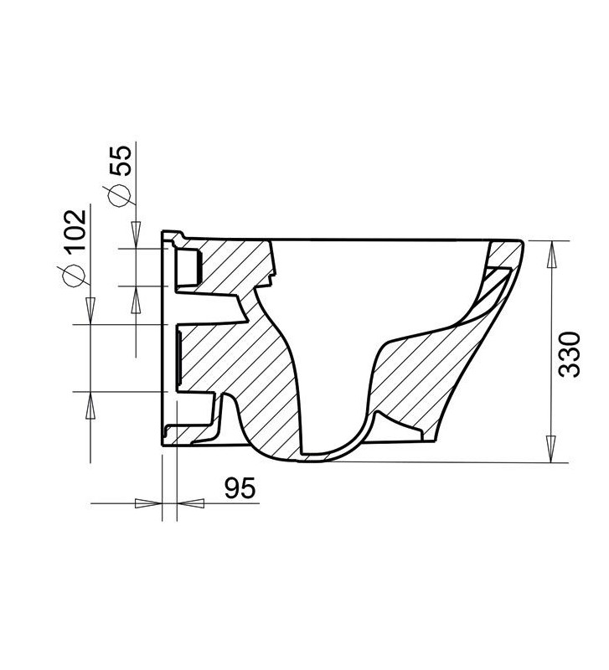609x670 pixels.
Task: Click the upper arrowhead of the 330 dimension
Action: coord(550,250)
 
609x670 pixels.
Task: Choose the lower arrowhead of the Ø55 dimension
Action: coord(135,295)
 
